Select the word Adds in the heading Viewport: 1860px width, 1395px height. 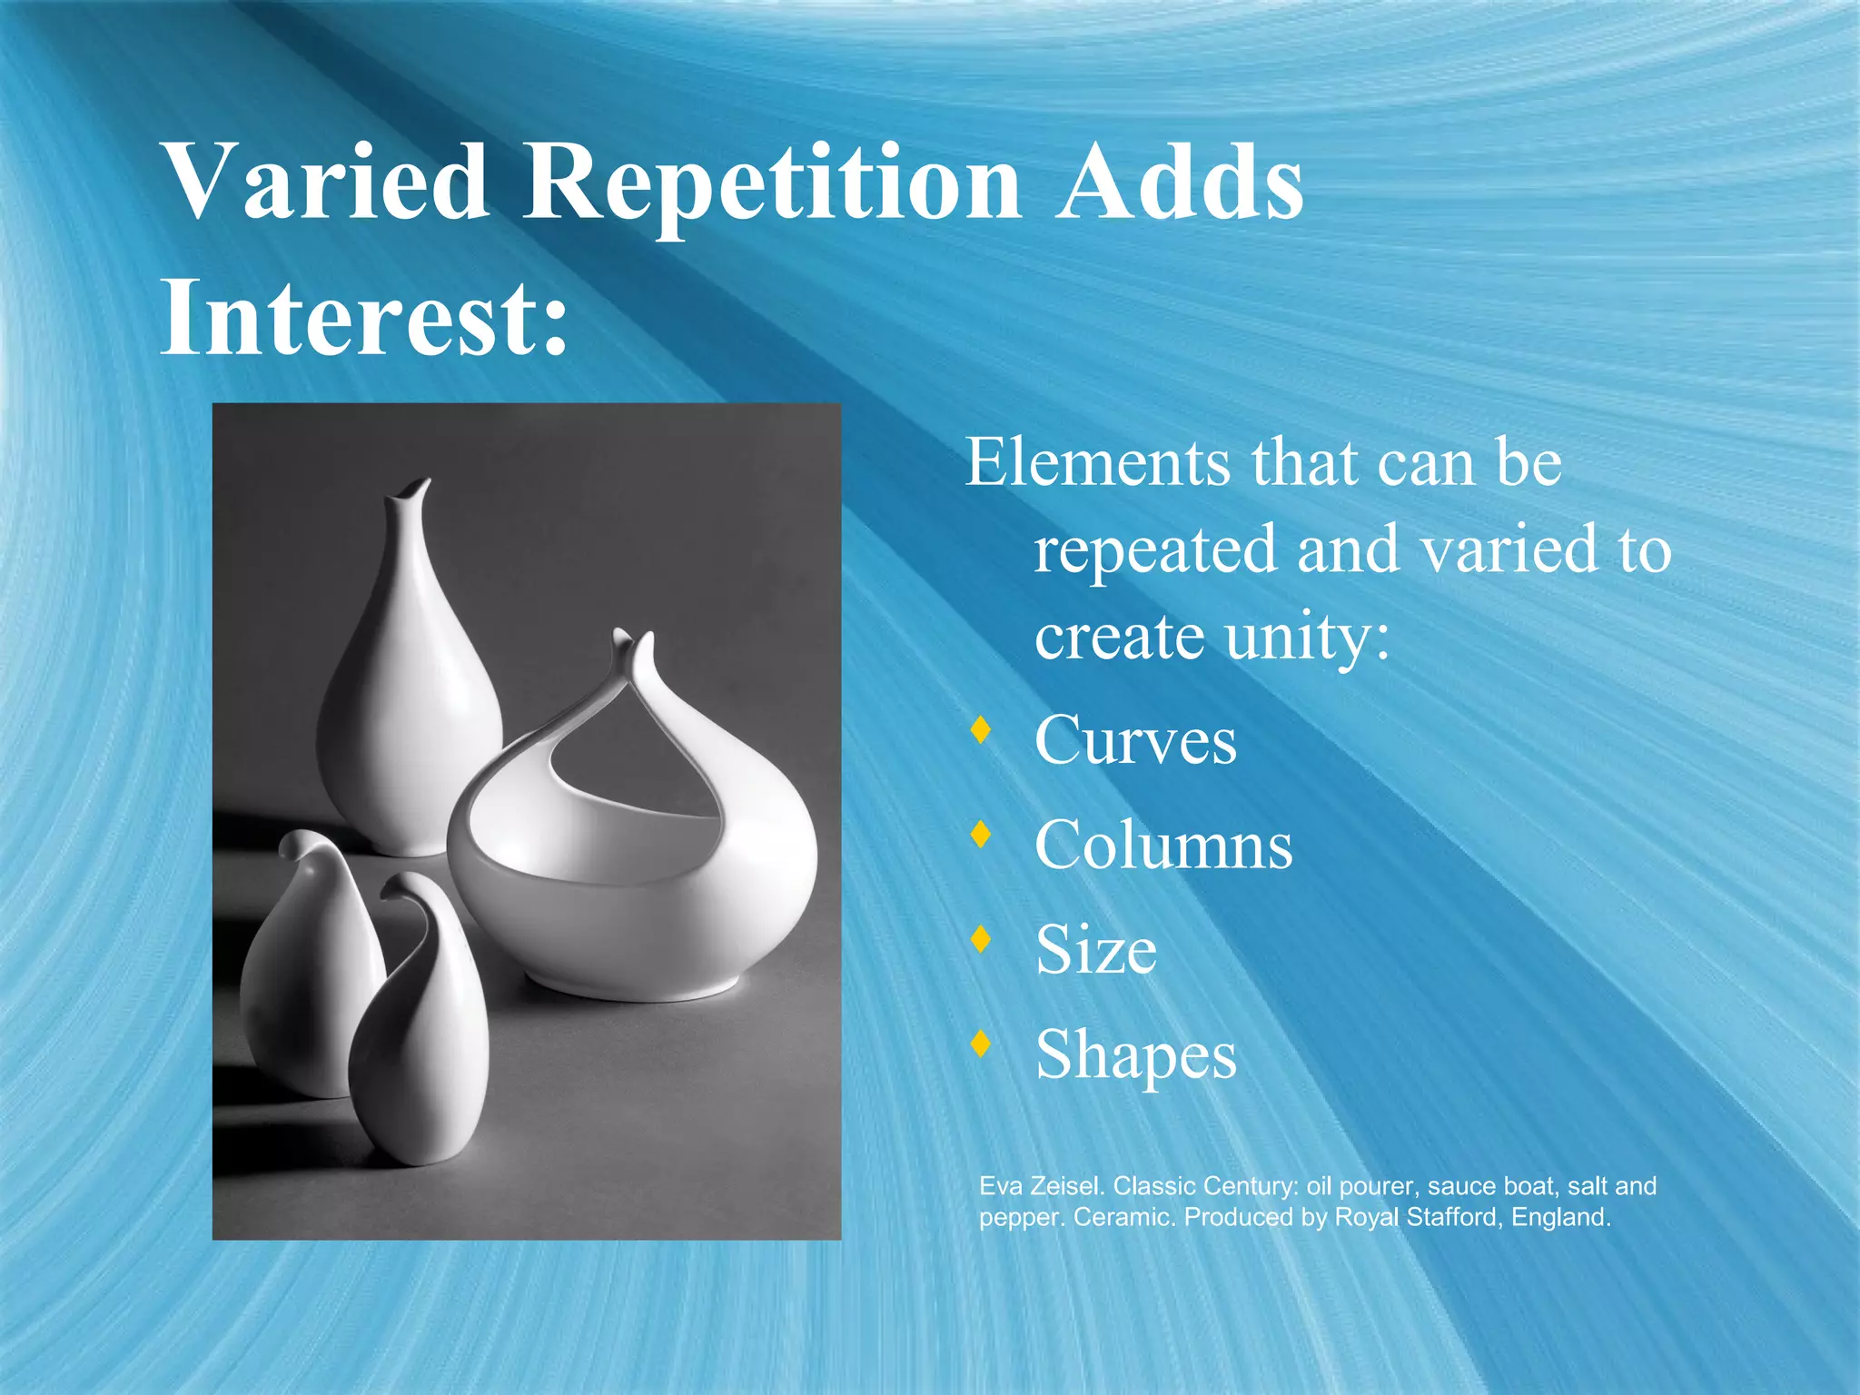[x=1179, y=184]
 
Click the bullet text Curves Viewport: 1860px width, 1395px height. [x=1135, y=740]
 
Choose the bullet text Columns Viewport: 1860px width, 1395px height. [x=1163, y=846]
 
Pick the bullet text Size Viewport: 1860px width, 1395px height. [x=1096, y=950]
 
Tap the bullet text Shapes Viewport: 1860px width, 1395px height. [x=1135, y=1055]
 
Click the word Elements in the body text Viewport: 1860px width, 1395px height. [x=1098, y=463]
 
